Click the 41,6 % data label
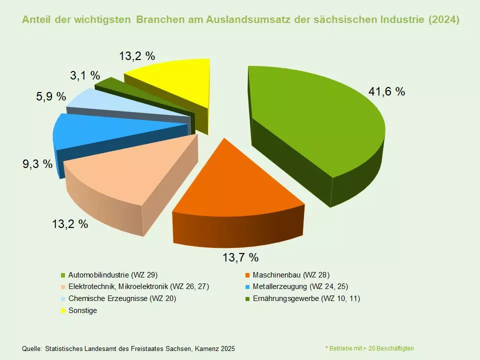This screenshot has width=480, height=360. coord(386,91)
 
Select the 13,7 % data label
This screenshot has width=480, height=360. coord(240,257)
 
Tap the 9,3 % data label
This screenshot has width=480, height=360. coord(37,163)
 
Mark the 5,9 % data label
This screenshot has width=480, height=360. coord(51,96)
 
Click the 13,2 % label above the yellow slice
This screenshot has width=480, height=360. coord(137,55)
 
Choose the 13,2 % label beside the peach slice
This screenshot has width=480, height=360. coord(70,224)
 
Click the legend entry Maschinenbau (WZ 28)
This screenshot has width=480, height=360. coord(291,275)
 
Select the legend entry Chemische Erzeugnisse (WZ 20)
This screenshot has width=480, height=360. coord(122,298)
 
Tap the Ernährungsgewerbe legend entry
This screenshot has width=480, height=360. coord(306,298)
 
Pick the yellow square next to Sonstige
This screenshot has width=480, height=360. coord(63,311)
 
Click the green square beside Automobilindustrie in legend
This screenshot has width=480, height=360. coord(63,275)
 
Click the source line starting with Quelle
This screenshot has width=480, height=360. coord(128,348)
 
